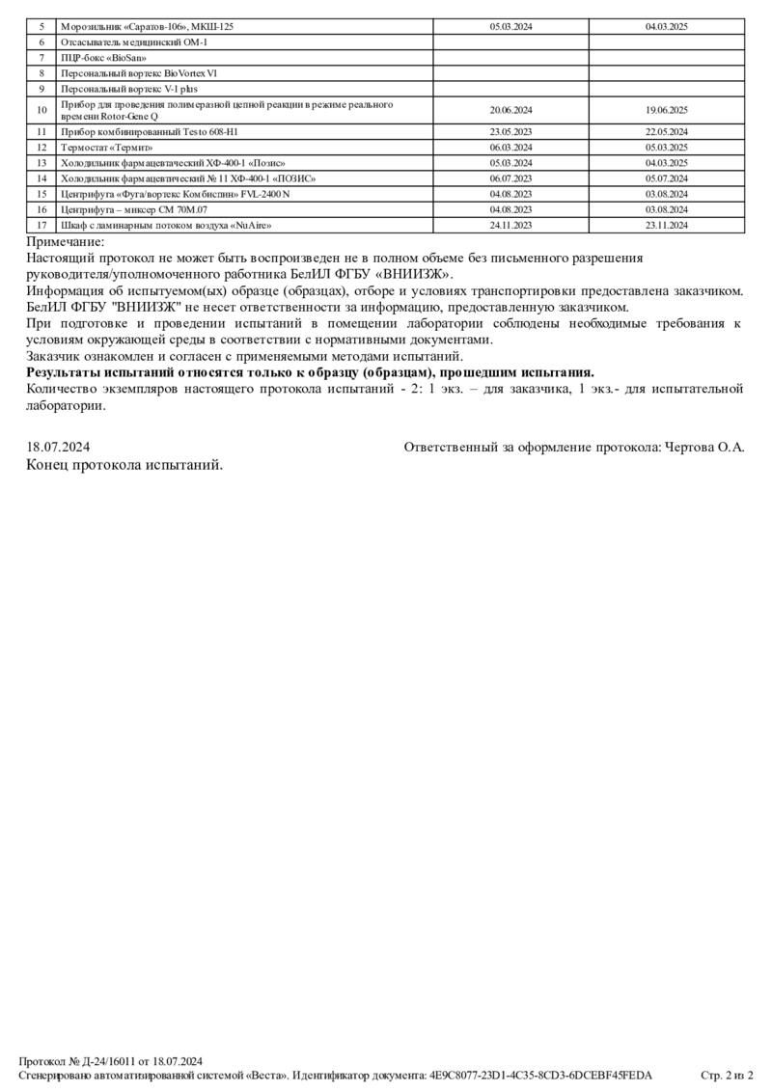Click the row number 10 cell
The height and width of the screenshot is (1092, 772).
pos(41,110)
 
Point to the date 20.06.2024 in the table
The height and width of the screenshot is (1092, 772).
pos(510,110)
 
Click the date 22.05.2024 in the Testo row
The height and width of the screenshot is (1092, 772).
pos(666,131)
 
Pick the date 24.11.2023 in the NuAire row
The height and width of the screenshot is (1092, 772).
pos(510,225)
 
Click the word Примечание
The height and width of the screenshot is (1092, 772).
pos(65,242)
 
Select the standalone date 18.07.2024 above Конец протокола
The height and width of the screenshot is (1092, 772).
pos(58,447)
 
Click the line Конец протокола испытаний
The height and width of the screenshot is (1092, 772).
pos(124,464)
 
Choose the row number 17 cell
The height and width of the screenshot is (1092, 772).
pos(41,225)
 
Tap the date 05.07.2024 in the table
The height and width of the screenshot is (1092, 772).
pos(666,178)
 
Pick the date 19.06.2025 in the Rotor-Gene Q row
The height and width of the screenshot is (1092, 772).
pos(666,110)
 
